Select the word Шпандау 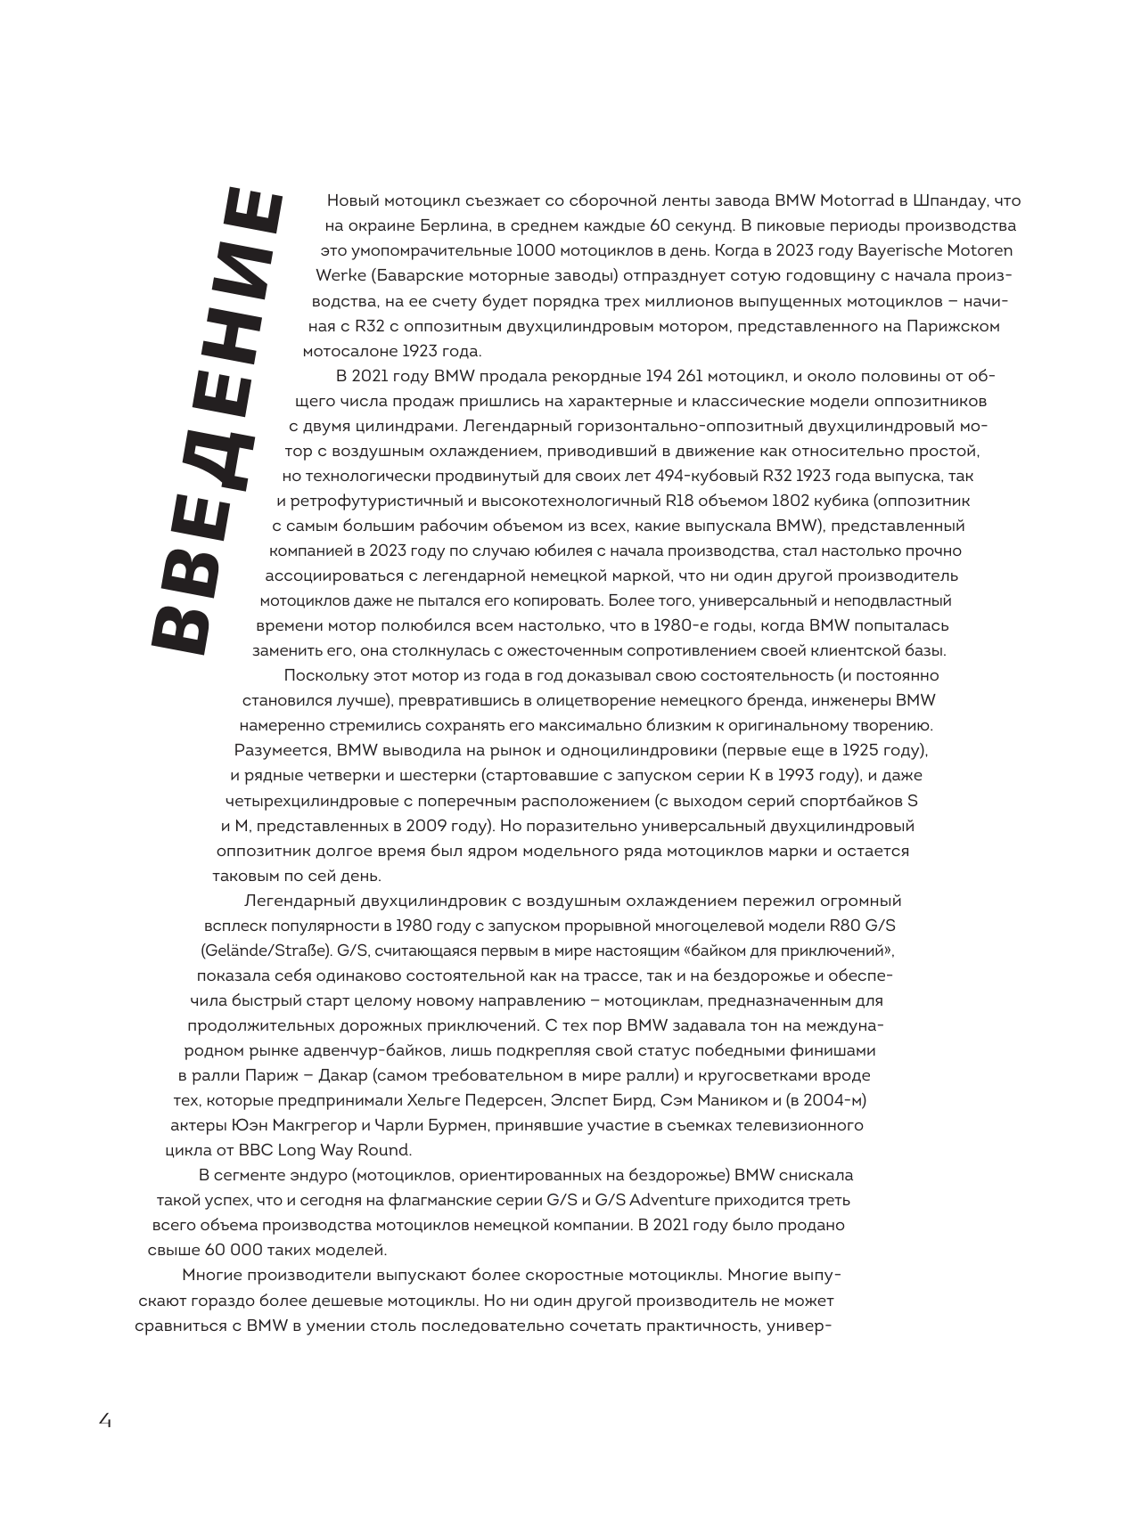(947, 200)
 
